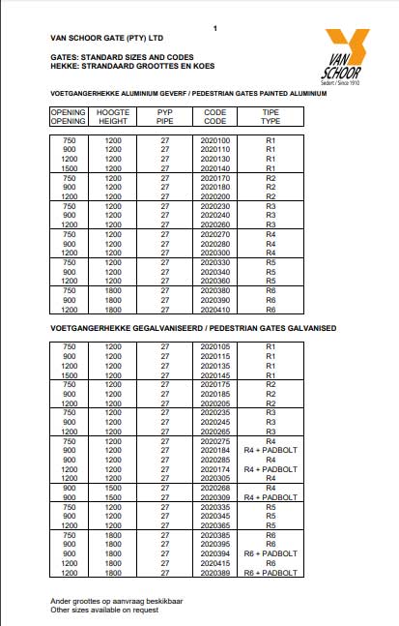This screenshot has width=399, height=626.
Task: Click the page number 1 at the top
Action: (x=215, y=29)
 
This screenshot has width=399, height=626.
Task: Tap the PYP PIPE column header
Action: (x=165, y=117)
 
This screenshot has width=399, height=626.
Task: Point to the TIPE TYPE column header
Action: (x=271, y=117)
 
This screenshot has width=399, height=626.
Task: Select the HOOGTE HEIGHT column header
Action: (x=113, y=117)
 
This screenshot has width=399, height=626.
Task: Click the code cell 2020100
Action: (x=215, y=140)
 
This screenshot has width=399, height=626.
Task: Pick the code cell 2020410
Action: (x=215, y=310)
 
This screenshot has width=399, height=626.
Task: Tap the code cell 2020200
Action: (x=215, y=196)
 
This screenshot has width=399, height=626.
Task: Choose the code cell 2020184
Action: (x=215, y=449)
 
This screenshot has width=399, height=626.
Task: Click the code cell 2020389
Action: (x=215, y=572)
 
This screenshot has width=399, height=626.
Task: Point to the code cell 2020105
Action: (x=215, y=345)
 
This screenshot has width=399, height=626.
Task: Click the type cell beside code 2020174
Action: (x=271, y=468)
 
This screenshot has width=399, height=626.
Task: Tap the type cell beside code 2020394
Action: (x=271, y=552)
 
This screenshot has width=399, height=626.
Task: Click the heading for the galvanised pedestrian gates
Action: (x=192, y=330)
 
